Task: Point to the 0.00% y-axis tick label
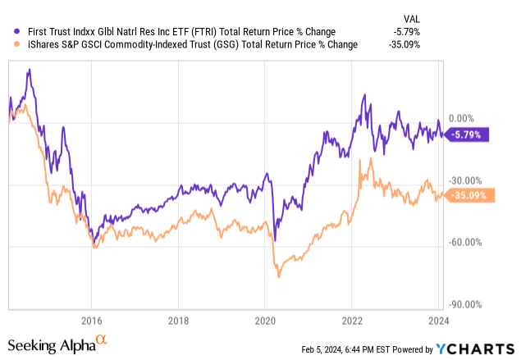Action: tap(462, 119)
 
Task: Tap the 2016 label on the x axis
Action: tap(91, 320)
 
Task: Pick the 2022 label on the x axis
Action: tap(353, 320)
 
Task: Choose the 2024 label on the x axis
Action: tap(440, 320)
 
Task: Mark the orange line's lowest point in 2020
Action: tap(279, 276)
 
